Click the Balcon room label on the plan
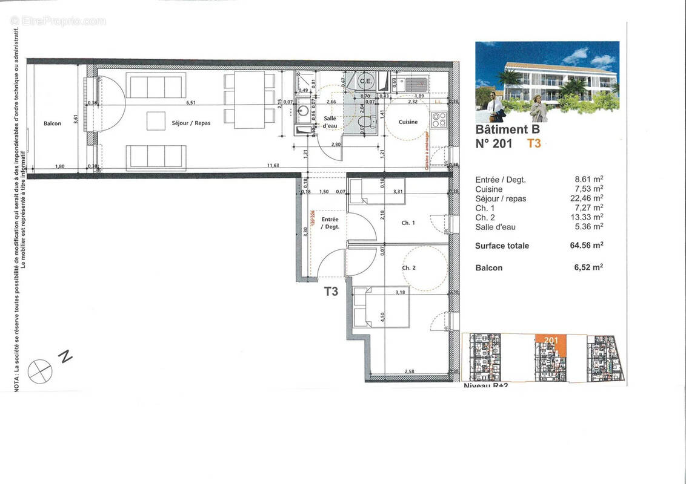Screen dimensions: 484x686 [52, 123]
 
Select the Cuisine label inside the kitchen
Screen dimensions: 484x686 [408, 122]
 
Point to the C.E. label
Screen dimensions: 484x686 [365, 81]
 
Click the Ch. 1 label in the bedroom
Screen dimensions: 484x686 [408, 223]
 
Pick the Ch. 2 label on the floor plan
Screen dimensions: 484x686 [408, 267]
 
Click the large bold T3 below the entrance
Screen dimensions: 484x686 [330, 292]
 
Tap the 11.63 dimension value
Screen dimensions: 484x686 [275, 165]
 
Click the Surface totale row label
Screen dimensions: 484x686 [502, 246]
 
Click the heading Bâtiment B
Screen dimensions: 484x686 [507, 129]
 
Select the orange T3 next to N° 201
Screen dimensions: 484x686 [534, 143]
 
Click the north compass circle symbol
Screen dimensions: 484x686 [40, 371]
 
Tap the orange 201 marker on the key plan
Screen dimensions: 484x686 [551, 341]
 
